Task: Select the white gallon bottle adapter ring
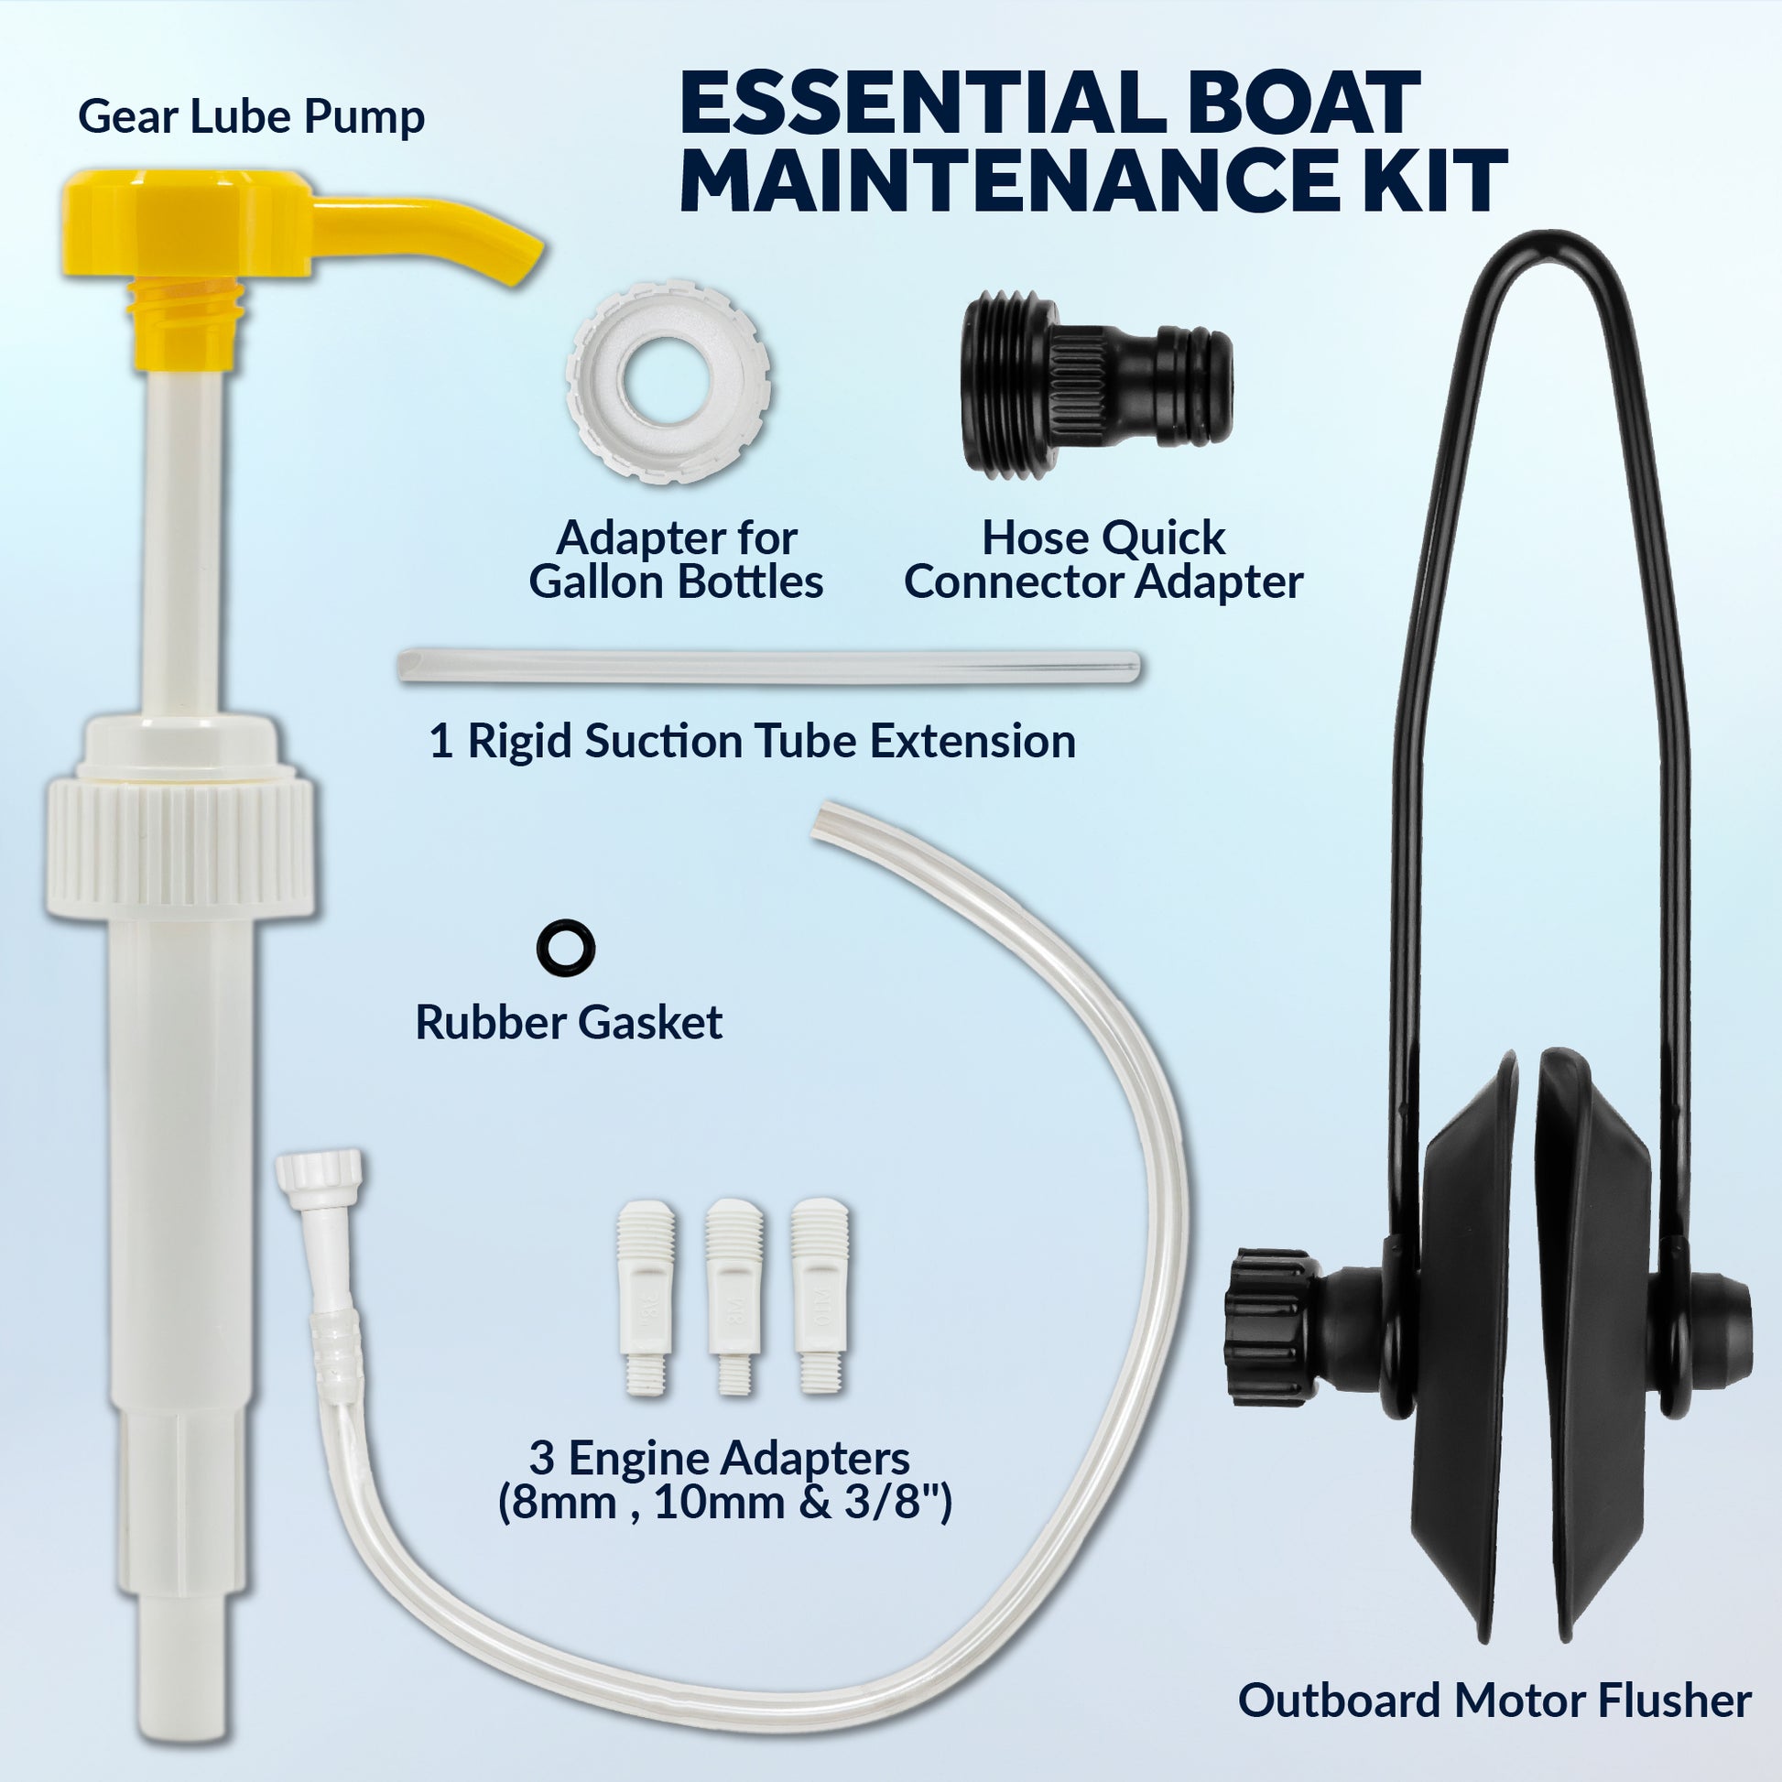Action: [x=668, y=380]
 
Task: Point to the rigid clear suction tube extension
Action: [x=768, y=667]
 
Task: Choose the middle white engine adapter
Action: [x=733, y=1297]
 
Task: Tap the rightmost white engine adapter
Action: [x=820, y=1297]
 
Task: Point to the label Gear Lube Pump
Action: [x=251, y=118]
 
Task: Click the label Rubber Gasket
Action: [x=568, y=1022]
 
